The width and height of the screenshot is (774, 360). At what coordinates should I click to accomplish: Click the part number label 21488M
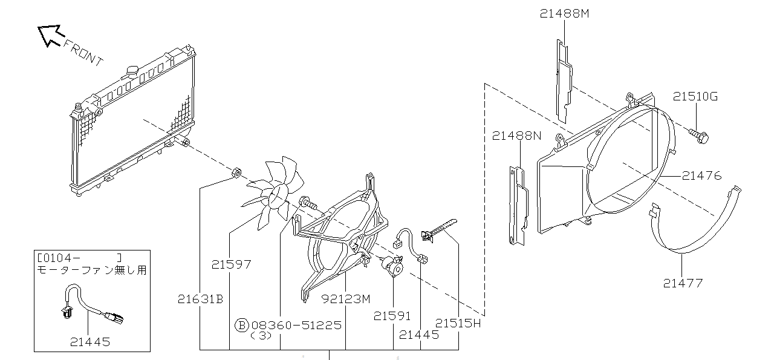564,13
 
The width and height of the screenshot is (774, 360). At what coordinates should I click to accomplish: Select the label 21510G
695,96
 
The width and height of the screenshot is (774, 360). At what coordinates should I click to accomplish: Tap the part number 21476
702,175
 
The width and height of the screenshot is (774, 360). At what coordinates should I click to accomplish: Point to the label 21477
683,283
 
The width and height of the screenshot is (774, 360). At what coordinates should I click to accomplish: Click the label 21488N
516,136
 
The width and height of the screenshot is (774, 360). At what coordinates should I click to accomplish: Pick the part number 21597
231,264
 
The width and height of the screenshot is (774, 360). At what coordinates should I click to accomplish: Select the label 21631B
200,299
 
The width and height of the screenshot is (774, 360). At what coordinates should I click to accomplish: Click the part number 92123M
346,299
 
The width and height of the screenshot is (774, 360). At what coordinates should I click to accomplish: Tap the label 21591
392,316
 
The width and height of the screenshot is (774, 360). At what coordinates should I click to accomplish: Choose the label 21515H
458,323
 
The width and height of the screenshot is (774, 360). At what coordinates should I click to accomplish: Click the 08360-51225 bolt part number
296,325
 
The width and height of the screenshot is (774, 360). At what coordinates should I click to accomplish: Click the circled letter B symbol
242,325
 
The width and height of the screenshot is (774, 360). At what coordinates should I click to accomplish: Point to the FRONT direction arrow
50,35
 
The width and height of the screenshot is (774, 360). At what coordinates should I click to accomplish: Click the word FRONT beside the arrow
83,53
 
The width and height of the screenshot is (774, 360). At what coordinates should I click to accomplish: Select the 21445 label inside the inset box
90,342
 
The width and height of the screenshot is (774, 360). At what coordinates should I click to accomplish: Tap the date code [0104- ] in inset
79,258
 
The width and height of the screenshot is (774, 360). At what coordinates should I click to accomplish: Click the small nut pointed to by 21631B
236,172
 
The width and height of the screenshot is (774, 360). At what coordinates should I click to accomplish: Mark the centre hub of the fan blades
278,197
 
